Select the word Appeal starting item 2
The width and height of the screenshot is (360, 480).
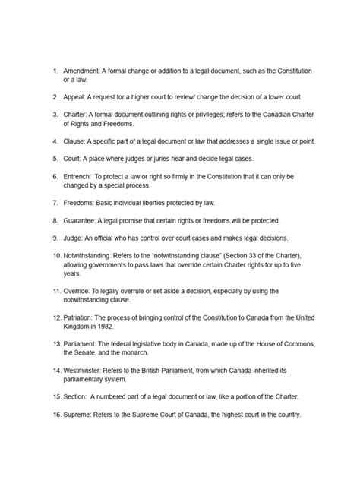(76, 97)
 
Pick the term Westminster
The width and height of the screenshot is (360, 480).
(87, 371)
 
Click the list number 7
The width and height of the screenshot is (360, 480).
(55, 203)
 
